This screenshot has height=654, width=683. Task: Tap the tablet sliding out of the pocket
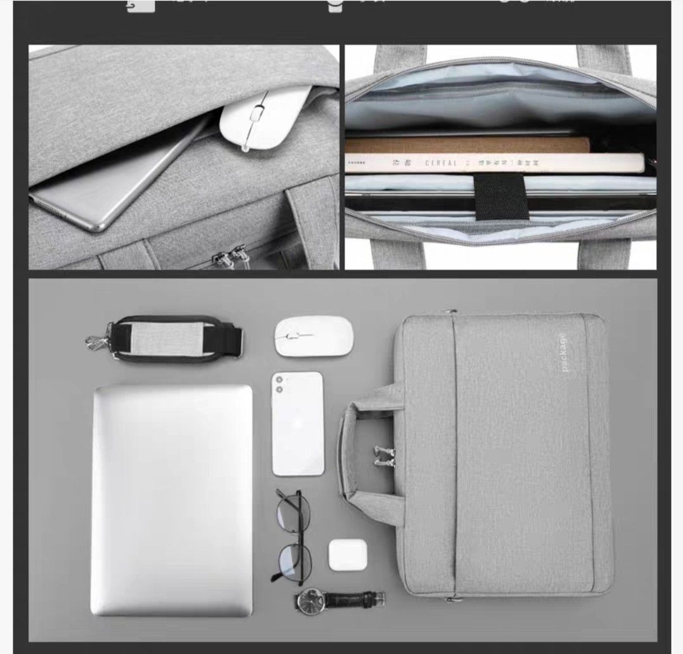[120, 184]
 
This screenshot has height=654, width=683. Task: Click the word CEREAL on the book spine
[441, 163]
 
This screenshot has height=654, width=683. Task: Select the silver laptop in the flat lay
[172, 500]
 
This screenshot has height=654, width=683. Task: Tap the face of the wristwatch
[310, 598]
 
